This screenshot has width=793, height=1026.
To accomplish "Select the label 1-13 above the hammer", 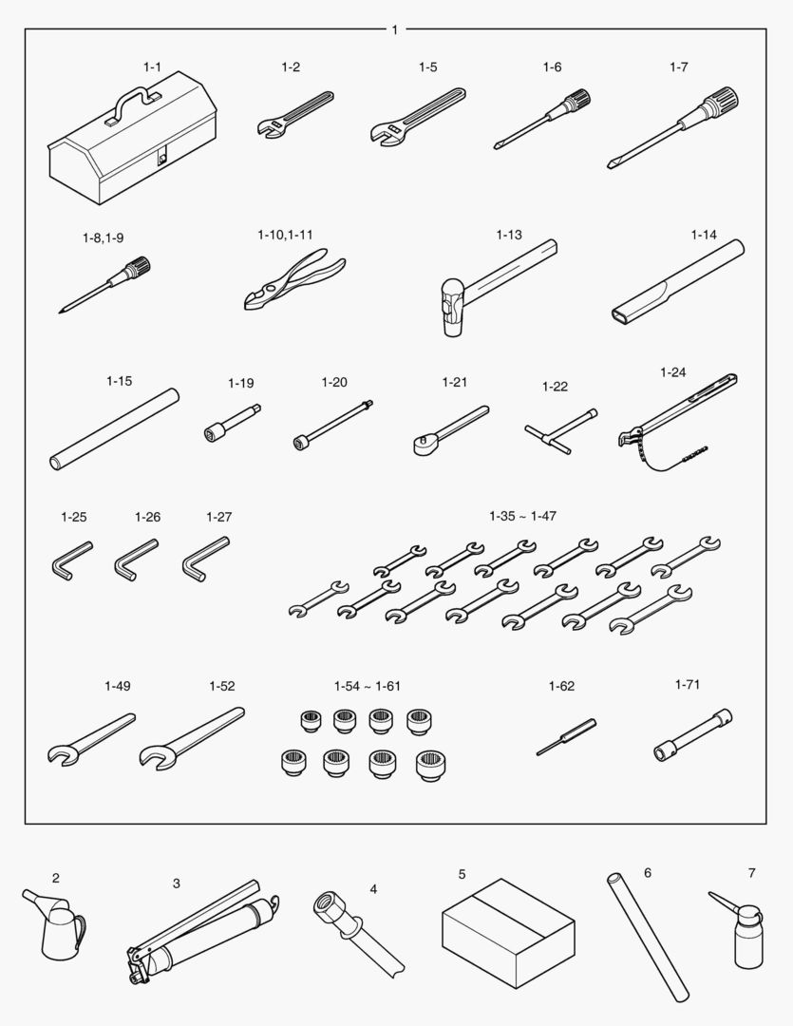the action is click(509, 235).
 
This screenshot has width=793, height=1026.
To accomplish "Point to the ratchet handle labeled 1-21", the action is click(451, 430).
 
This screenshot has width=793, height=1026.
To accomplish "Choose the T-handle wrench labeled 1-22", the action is click(560, 431).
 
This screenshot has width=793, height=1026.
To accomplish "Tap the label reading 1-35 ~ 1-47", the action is click(522, 516).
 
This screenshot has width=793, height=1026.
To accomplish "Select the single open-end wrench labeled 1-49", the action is click(90, 739).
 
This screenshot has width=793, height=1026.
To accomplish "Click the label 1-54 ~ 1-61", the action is click(367, 687).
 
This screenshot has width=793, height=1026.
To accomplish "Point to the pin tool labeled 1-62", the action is click(566, 737).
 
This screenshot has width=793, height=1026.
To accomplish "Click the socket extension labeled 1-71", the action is click(692, 734).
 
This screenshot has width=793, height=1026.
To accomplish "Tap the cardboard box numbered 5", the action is click(508, 928).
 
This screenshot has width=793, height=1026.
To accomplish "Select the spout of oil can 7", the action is click(724, 902).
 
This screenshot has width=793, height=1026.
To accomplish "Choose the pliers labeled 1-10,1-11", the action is click(293, 279).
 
